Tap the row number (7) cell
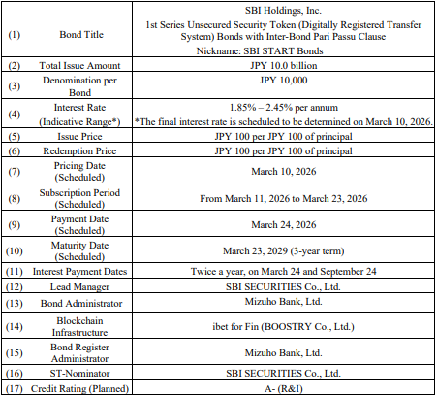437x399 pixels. (x=16, y=173)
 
